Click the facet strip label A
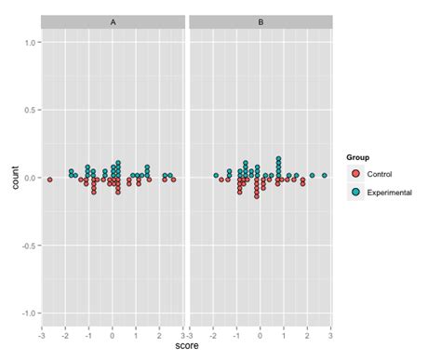[113, 20]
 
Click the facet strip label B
[261, 20]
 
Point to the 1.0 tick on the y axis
[31, 43]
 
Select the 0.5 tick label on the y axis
[31, 111]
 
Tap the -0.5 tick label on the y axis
[30, 246]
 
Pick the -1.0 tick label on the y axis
[30, 313]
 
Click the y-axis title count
[12, 179]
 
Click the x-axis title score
[186, 346]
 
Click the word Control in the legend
[381, 174]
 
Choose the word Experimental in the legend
[390, 191]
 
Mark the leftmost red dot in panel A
[50, 179]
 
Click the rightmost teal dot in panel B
[325, 175]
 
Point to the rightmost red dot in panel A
[173, 179]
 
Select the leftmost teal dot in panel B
[215, 175]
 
